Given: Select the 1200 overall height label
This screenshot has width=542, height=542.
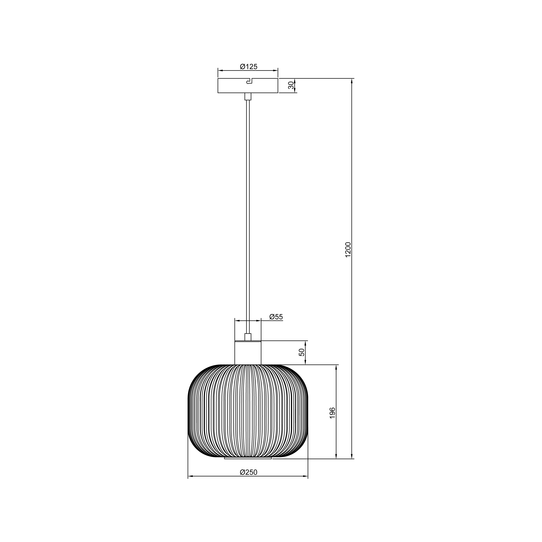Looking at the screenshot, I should [x=348, y=249].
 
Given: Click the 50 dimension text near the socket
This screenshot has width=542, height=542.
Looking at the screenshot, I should [x=302, y=352].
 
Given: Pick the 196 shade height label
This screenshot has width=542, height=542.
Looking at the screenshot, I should [x=332, y=413].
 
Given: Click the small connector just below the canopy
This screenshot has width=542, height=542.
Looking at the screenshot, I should [x=248, y=96].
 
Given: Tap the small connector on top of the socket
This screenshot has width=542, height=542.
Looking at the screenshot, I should [x=248, y=337].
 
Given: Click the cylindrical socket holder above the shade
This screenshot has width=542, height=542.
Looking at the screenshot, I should [x=248, y=353].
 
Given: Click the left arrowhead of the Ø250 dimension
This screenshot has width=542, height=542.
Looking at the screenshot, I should [x=190, y=476].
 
